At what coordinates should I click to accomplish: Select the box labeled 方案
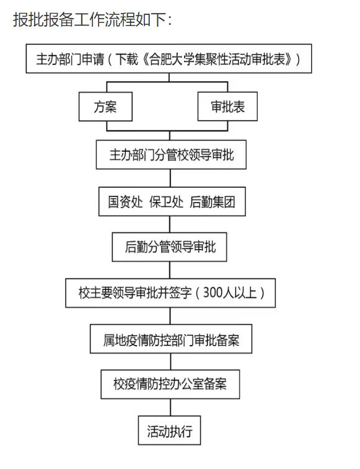pos(105,107)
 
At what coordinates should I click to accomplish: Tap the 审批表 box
pos(227,107)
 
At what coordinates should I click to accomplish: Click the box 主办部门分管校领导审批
pos(171,155)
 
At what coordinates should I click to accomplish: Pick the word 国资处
pos(125,202)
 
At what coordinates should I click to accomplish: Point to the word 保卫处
pos(166,202)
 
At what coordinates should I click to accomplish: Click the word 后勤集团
pos(213,202)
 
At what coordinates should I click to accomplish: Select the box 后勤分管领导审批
pos(169,247)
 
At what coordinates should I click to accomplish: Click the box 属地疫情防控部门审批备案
pos(171,339)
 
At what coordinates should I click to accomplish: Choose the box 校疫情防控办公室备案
pos(170,384)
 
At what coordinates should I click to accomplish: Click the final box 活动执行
pos(169,431)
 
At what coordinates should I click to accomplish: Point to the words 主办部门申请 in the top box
pos(70,59)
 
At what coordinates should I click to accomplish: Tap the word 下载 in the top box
pos(126,59)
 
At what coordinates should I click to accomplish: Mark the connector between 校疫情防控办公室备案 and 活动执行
pos(170,408)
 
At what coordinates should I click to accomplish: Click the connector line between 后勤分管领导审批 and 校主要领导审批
pos(170,270)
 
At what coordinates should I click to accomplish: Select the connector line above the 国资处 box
pos(170,178)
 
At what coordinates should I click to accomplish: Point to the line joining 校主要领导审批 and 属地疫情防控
pos(170,316)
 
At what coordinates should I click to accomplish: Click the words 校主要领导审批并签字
pos(135,293)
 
